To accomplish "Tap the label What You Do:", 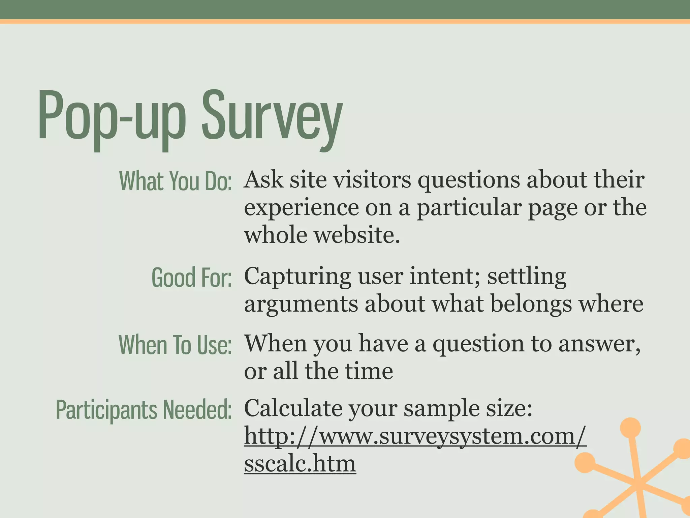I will click(x=175, y=181).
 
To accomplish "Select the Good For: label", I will click(x=191, y=277).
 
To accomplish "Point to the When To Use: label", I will click(x=175, y=345).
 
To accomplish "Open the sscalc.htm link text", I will click(x=300, y=463).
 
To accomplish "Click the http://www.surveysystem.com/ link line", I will click(x=415, y=436).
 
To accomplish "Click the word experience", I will click(x=301, y=207).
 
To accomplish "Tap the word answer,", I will click(x=599, y=344).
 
